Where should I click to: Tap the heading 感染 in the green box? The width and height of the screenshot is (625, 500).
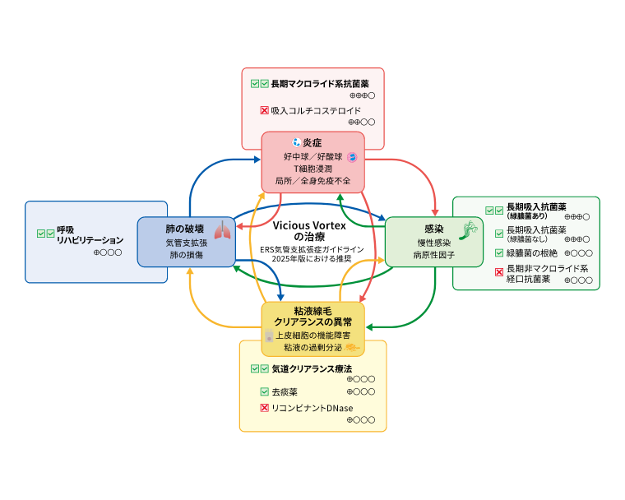point(433,228)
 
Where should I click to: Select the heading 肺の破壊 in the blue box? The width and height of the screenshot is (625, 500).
point(185,228)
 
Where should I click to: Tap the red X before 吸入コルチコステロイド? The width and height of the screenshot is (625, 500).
point(265,110)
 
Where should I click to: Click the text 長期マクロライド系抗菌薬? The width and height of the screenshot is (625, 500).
point(320,84)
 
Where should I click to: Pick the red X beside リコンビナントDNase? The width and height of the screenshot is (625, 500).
point(265,408)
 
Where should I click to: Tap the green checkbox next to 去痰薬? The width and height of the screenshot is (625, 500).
point(265,392)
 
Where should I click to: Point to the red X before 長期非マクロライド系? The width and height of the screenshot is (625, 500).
point(498,272)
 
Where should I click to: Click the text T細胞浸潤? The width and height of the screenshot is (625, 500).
point(312,169)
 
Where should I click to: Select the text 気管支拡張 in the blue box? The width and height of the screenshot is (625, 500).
point(187,243)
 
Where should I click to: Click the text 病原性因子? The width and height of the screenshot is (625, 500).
point(433,256)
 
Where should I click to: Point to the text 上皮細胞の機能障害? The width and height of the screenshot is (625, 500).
point(312,336)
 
